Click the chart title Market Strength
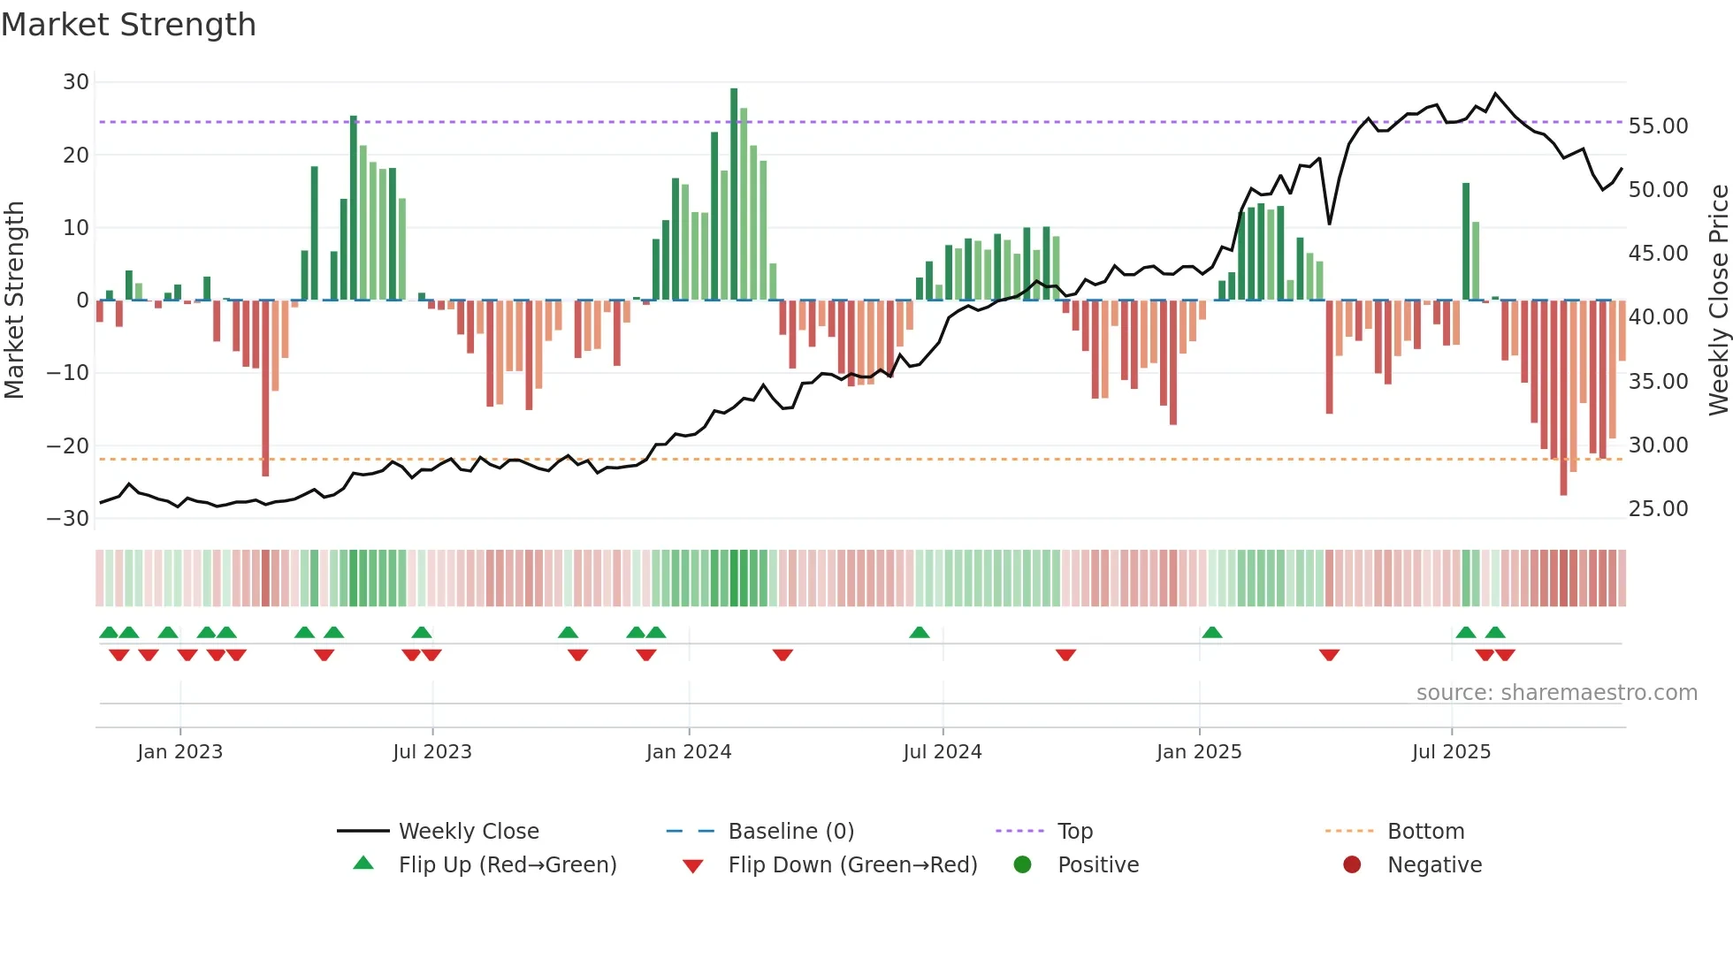pos(128,25)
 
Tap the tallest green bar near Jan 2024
pos(734,194)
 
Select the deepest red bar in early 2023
pos(265,389)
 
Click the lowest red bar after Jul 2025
pos(1563,398)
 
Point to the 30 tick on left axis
pos(76,82)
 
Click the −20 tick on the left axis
pos(69,446)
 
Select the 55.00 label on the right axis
pos(1658,126)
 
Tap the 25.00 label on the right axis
pos(1658,509)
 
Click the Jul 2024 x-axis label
pos(942,752)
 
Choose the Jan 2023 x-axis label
pos(179,752)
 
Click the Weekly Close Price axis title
pos(1718,301)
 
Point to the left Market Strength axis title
pos(14,301)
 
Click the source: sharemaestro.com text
pos(1556,693)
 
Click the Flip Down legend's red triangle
pos(693,866)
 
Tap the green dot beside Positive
pos(1022,865)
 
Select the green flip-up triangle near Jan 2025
pos(1212,633)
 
